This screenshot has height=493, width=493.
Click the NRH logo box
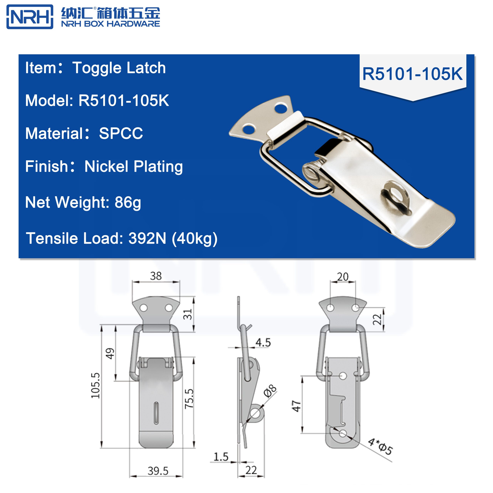(x=30, y=17)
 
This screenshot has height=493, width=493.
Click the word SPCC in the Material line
(x=121, y=133)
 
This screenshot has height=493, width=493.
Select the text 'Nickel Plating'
(x=133, y=167)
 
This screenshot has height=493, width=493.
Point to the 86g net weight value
(x=128, y=203)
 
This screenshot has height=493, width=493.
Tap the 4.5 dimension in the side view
(x=263, y=342)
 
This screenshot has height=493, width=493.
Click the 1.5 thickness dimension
(x=221, y=457)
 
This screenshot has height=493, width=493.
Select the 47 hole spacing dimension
(x=297, y=406)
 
